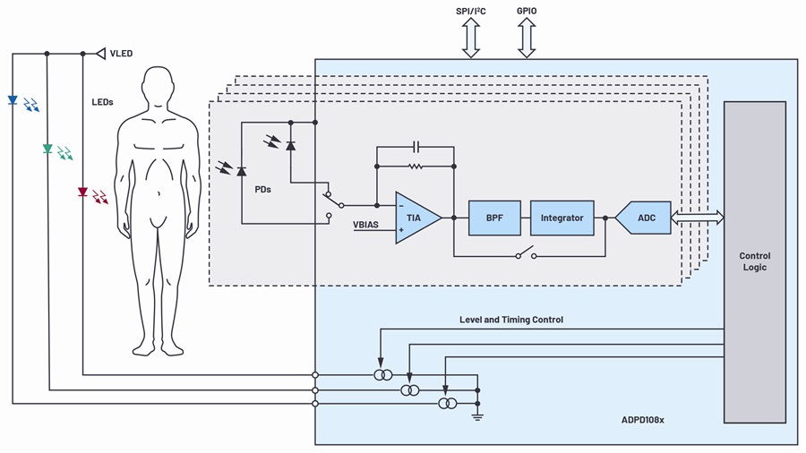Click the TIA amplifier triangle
[x=415, y=218]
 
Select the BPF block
[x=494, y=218]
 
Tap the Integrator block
[x=562, y=218]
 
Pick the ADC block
[x=643, y=218]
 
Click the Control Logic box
[x=755, y=262]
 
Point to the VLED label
[x=121, y=54]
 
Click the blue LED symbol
[x=13, y=100]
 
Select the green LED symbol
[x=47, y=149]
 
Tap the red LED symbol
[x=82, y=192]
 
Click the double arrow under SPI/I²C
[x=471, y=38]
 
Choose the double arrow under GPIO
[x=527, y=38]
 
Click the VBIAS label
[x=365, y=225]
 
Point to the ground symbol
[x=478, y=417]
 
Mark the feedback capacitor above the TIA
[x=416, y=148]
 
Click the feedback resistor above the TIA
[x=416, y=167]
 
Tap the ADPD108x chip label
[x=642, y=420]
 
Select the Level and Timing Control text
[x=511, y=320]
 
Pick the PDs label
[x=262, y=190]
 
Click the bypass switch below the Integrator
[x=526, y=252]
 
